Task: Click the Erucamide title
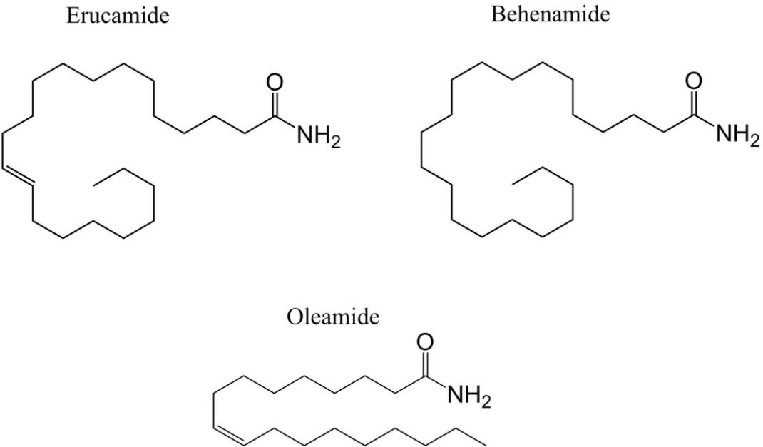click(x=118, y=16)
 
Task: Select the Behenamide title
click(x=550, y=14)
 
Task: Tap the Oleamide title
click(x=333, y=317)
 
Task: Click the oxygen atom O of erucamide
click(x=275, y=83)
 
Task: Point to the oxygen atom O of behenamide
click(x=694, y=81)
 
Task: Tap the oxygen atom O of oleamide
click(x=425, y=342)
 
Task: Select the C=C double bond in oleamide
click(x=229, y=435)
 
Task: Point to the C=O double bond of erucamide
click(x=275, y=105)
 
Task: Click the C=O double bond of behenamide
click(x=694, y=103)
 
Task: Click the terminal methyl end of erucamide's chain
click(x=94, y=184)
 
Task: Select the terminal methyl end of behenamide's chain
click(x=513, y=183)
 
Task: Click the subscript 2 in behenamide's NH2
click(x=754, y=141)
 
